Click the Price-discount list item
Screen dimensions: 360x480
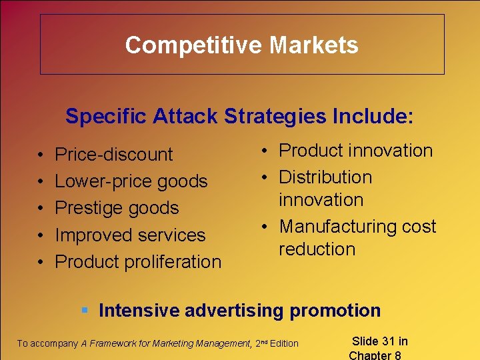coord(113,155)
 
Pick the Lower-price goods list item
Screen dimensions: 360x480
coord(131,181)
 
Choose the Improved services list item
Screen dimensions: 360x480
coord(130,235)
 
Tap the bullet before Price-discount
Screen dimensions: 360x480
coord(41,155)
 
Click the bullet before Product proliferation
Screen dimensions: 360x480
coord(41,262)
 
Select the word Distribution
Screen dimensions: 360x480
coord(325,177)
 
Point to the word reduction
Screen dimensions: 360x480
coord(317,249)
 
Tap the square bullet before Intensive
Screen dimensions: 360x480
coord(85,310)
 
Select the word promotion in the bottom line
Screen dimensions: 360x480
coord(338,310)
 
